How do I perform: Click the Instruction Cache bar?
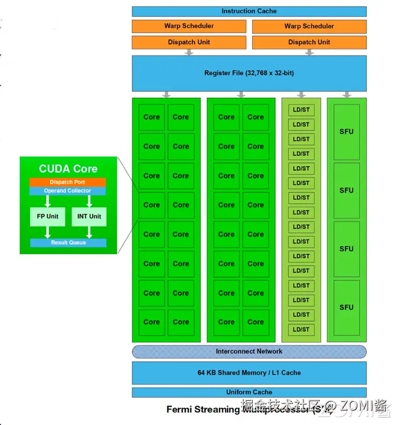point(249,11)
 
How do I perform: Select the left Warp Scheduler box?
point(189,26)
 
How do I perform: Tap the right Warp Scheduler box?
point(309,26)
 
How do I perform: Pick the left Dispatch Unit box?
point(189,42)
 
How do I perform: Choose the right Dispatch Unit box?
point(309,42)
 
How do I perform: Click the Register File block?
point(249,73)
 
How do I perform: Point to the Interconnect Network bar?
point(249,352)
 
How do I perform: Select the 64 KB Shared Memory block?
point(249,372)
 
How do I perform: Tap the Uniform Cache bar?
point(249,392)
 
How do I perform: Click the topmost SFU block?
point(347,132)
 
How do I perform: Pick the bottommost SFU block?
point(347,308)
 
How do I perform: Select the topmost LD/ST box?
point(301,110)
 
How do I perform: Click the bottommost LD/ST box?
point(301,330)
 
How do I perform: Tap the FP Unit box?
point(47,217)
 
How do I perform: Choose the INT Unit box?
point(89,217)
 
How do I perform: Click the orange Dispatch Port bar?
point(67,182)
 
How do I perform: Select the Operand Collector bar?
point(67,191)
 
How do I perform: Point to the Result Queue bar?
point(68,243)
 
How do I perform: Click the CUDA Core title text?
point(68,169)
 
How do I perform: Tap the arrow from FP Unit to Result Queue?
point(47,232)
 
